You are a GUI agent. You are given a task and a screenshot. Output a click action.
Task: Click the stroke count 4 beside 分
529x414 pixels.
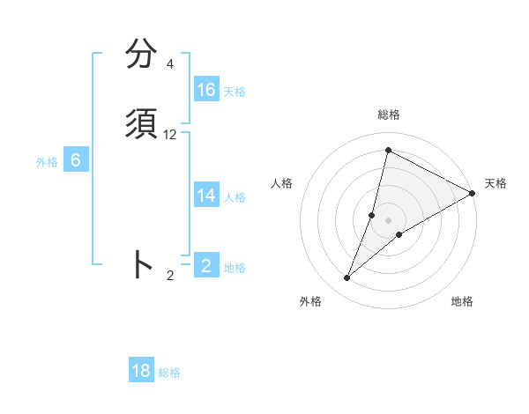[169, 64]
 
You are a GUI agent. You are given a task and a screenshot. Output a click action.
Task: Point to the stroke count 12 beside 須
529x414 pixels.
[170, 135]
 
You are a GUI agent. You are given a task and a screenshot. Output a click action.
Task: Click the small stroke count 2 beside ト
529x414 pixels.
[170, 276]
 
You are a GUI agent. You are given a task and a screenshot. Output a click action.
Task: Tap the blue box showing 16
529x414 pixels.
[206, 90]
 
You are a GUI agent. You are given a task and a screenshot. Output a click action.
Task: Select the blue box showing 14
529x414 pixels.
[206, 196]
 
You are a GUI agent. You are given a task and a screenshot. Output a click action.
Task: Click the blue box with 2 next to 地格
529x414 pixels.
[206, 265]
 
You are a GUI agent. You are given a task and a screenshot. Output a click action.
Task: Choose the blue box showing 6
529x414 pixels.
[76, 160]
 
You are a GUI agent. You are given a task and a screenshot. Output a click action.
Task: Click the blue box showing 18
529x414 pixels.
[141, 371]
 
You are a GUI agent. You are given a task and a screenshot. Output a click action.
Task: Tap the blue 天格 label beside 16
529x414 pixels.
[235, 92]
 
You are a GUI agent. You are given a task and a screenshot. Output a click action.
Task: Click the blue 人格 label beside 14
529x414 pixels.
[235, 197]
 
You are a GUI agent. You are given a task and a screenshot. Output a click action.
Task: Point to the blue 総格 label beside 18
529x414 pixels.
[169, 373]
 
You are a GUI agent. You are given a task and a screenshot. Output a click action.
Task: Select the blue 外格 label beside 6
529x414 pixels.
[47, 162]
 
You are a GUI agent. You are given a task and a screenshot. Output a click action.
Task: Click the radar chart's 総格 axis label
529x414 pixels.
[389, 115]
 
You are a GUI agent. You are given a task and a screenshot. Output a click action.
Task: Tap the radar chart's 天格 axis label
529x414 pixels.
[495, 183]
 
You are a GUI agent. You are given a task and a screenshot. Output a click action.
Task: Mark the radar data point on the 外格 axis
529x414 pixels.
[347, 278]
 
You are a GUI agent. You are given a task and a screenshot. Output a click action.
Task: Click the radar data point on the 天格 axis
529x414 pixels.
[473, 194]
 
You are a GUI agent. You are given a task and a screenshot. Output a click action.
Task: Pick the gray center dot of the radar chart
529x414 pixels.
[389, 220]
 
